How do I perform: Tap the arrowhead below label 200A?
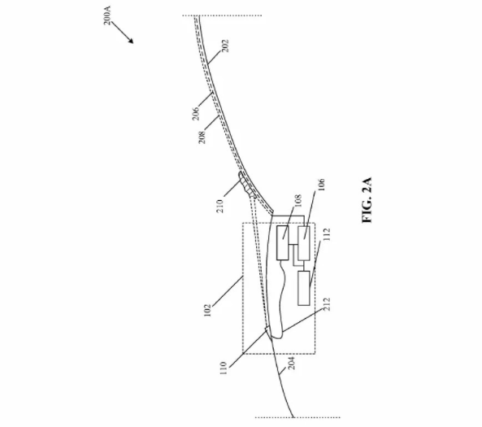coord(131,41)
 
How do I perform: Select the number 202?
coord(225,46)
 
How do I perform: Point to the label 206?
coord(196,113)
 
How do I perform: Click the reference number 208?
coord(202,137)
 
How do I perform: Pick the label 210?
coord(219,206)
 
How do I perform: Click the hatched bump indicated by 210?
coord(246,185)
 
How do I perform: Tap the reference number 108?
coord(297,201)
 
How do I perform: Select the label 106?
coord(321,185)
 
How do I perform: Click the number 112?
coord(327,234)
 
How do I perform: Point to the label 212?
coord(327,304)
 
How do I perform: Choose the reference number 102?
coord(208,310)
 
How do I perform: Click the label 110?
coord(224,368)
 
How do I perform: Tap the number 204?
coord(292,363)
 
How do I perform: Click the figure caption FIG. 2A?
coord(367,200)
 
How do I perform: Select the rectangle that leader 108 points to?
coord(283,243)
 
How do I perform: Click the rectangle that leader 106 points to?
coord(304,243)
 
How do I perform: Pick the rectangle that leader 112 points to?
coord(304,288)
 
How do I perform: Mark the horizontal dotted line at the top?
coord(222,15)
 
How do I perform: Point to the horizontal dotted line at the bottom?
coord(297,417)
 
